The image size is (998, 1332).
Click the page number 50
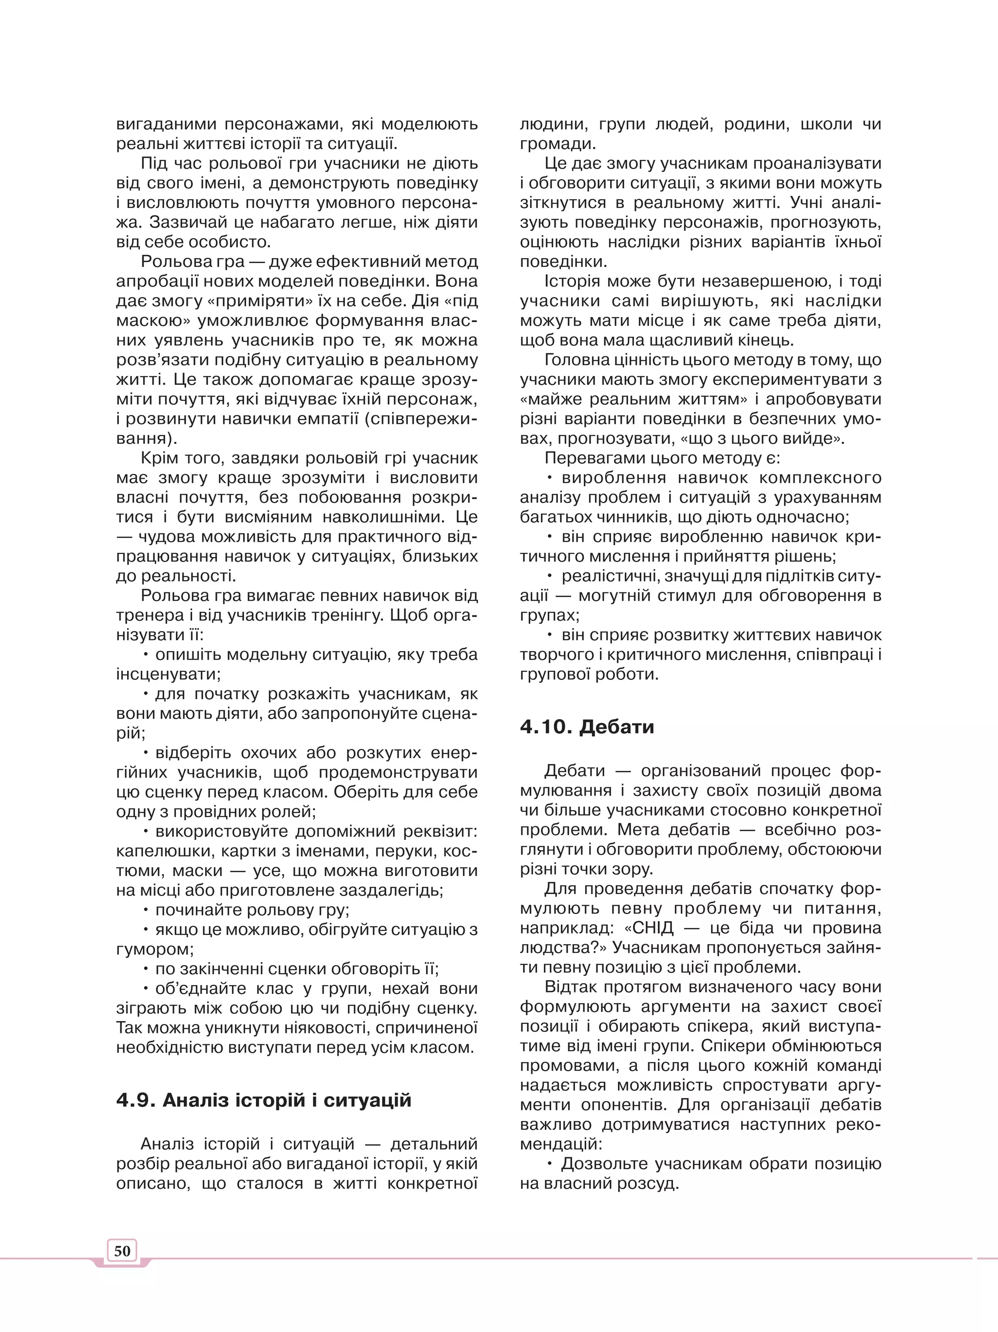(122, 1251)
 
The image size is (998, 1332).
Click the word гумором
(154, 950)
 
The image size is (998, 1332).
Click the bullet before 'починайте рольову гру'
(146, 909)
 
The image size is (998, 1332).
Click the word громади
(557, 144)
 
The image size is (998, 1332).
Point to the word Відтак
(569, 987)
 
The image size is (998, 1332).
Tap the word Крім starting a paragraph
(160, 457)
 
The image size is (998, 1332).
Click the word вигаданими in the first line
(166, 124)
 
